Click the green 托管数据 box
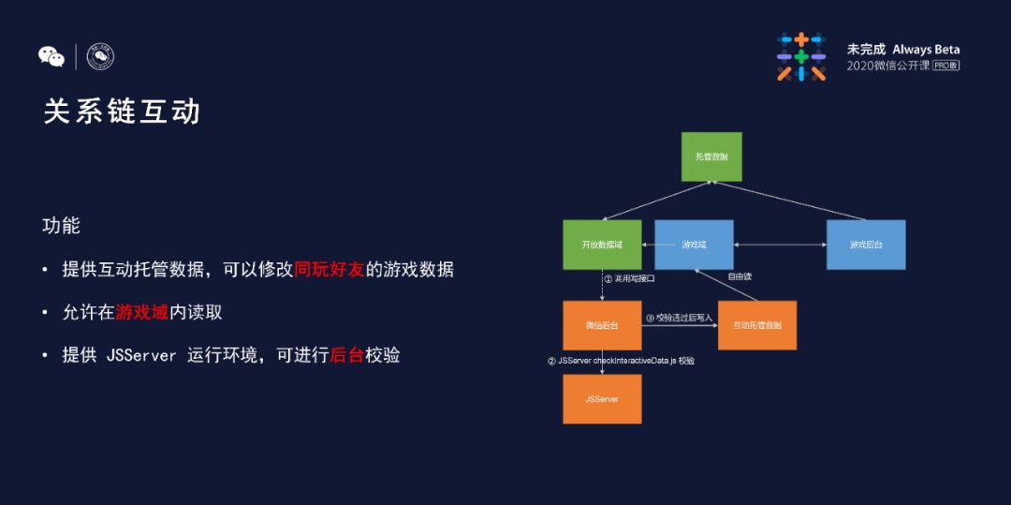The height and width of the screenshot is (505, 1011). pos(711,156)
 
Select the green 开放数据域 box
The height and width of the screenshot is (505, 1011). pos(602,245)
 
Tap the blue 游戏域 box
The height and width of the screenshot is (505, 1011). pos(694,245)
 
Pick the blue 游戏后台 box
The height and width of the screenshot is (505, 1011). pos(866,245)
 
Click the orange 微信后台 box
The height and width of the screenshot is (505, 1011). pos(602,325)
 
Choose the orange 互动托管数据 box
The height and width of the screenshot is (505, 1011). pos(756,325)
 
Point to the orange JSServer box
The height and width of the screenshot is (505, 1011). pos(602,399)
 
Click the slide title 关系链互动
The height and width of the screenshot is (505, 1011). pos(123,111)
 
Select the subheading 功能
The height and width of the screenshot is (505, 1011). pos(62,226)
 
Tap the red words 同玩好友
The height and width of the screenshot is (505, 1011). pos(329,270)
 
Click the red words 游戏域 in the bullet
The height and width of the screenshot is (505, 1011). pos(142,312)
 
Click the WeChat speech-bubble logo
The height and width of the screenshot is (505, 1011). pos(51,57)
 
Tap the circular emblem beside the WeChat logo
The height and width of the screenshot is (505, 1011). pos(100,57)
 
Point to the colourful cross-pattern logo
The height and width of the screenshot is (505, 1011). pos(801,56)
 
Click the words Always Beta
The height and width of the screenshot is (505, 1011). pos(926,49)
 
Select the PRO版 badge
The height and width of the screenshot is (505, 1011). pos(945,66)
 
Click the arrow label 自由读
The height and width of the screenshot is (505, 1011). pos(740,276)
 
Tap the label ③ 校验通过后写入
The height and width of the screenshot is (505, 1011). pos(680,318)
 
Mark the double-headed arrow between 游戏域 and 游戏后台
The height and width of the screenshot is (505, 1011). pos(780,245)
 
